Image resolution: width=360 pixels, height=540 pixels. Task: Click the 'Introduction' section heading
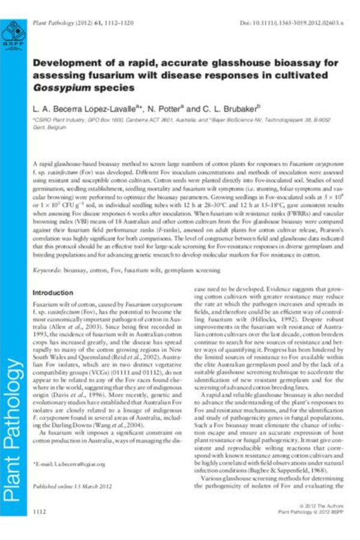(53, 293)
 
